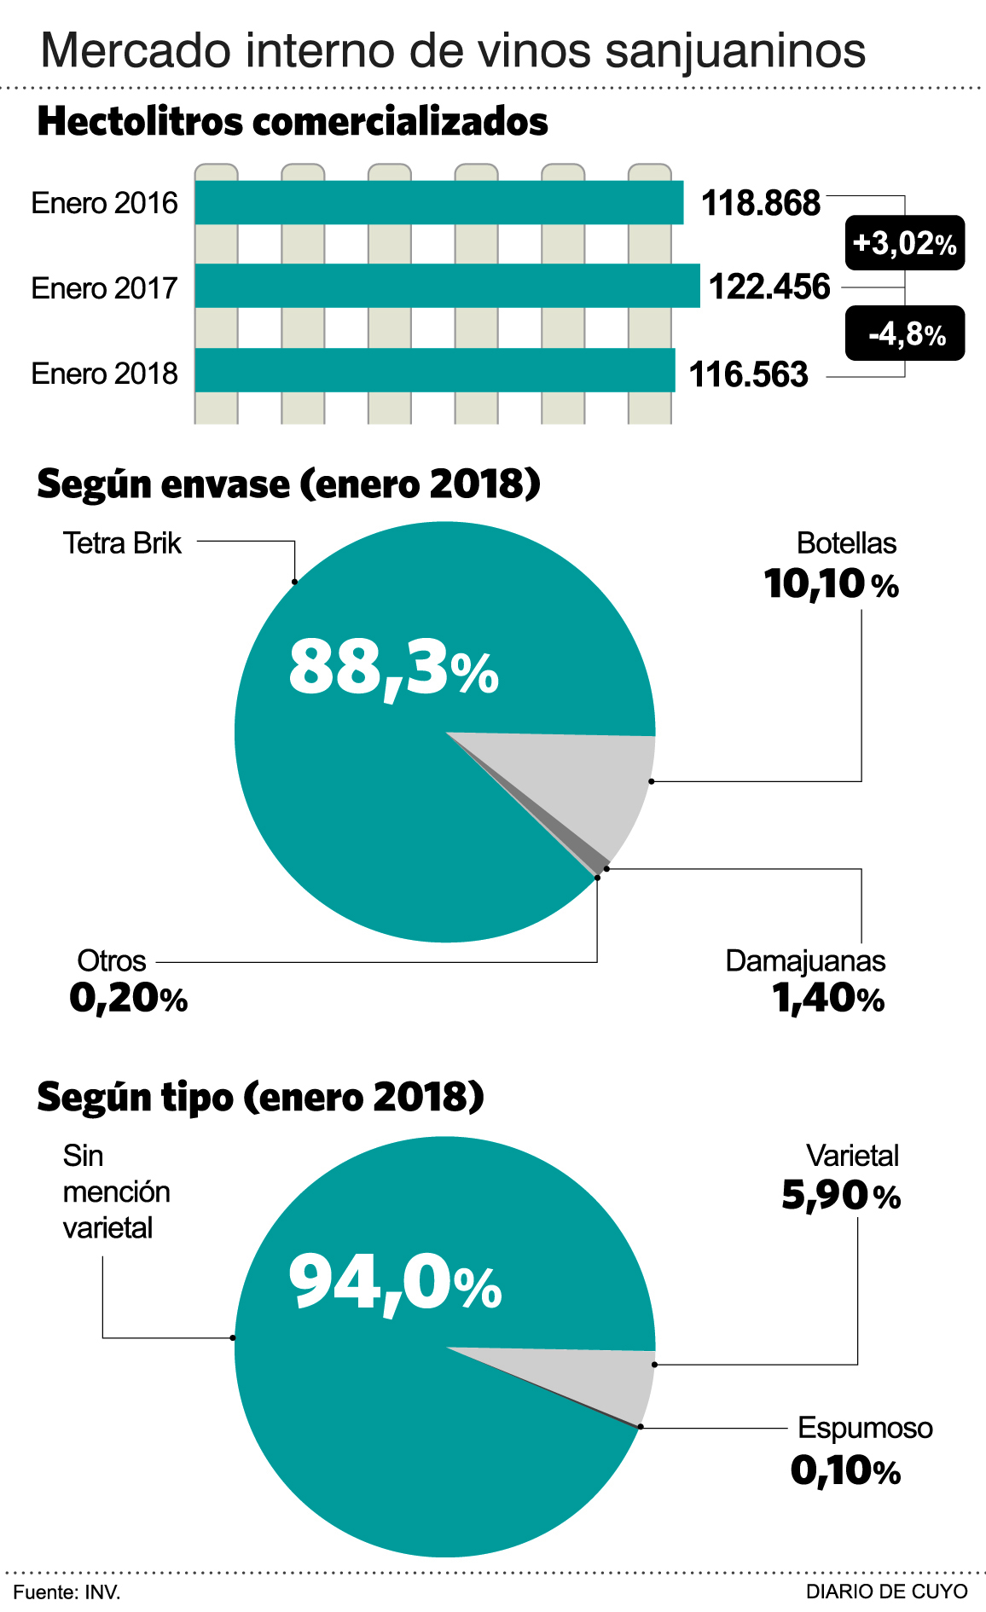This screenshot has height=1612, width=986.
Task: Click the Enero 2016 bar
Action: click(438, 202)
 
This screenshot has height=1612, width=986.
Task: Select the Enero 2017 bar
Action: click(447, 286)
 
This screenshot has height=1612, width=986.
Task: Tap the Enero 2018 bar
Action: click(434, 370)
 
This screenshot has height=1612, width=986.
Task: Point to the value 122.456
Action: click(769, 287)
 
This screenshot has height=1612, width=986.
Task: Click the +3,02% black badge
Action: click(904, 243)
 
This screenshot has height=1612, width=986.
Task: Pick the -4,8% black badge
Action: click(904, 333)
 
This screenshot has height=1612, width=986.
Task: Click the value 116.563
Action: click(748, 374)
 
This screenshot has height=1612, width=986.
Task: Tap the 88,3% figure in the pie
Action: click(393, 670)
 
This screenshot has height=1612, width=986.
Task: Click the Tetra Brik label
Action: click(122, 543)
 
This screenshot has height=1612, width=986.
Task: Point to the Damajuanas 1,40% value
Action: click(828, 998)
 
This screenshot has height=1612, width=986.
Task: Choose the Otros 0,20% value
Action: click(128, 998)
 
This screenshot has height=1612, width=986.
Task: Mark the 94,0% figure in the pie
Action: click(395, 1284)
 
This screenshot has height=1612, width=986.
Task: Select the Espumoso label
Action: click(864, 1428)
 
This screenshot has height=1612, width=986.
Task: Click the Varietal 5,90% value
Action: click(841, 1196)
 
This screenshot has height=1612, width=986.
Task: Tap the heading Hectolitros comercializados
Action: click(293, 122)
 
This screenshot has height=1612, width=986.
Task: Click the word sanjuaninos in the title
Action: click(735, 50)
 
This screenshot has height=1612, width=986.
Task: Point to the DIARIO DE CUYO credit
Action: click(886, 1592)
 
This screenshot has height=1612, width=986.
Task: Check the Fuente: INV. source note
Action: click(67, 1592)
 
